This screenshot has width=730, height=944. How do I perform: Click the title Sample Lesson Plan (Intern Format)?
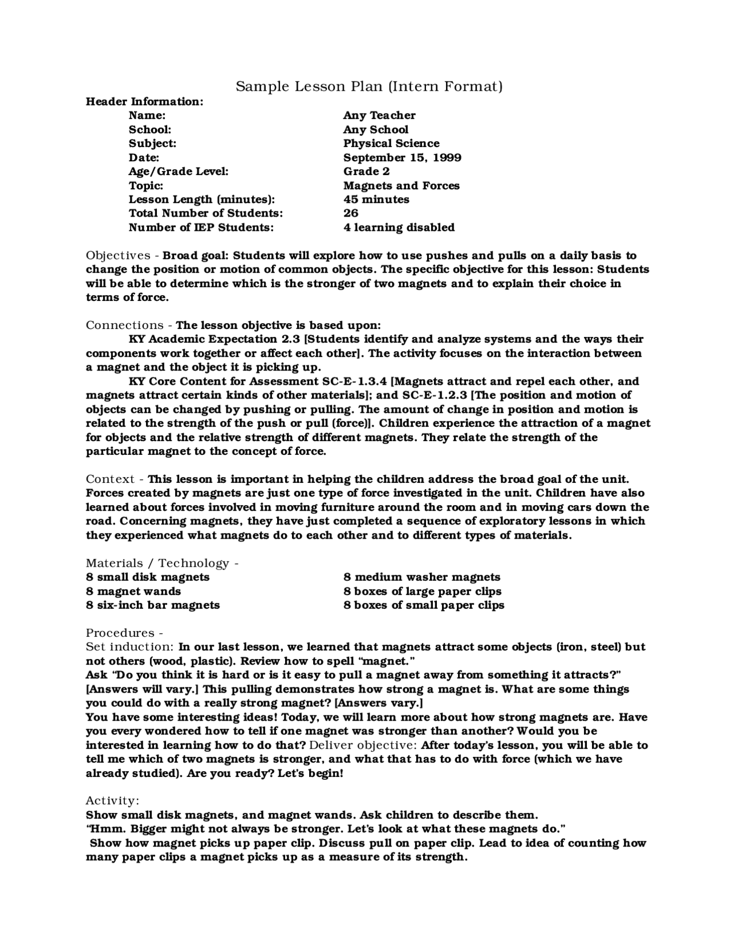pyautogui.click(x=369, y=87)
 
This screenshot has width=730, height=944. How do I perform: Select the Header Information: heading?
pyautogui.click(x=144, y=101)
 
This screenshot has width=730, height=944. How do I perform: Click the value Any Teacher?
pyautogui.click(x=379, y=115)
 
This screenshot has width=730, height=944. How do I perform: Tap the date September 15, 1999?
pyautogui.click(x=402, y=157)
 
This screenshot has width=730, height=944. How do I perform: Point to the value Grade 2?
pyautogui.click(x=366, y=171)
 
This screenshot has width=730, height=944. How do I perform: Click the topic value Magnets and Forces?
pyautogui.click(x=401, y=185)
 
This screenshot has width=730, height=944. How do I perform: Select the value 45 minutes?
pyautogui.click(x=376, y=200)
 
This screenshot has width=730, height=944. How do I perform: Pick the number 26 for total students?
pyautogui.click(x=351, y=213)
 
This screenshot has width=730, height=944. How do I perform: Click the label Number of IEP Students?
pyautogui.click(x=201, y=227)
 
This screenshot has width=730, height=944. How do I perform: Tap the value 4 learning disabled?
pyautogui.click(x=399, y=227)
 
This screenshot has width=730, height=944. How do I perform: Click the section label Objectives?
pyautogui.click(x=118, y=255)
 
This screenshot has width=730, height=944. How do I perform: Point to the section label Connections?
pyautogui.click(x=124, y=325)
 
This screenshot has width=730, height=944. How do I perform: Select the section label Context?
pyautogui.click(x=110, y=479)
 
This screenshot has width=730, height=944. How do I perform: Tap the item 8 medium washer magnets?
pyautogui.click(x=421, y=577)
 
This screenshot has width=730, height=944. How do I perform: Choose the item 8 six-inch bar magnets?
pyautogui.click(x=152, y=605)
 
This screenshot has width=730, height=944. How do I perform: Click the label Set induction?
pyautogui.click(x=129, y=647)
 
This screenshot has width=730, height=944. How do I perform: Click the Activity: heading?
pyautogui.click(x=112, y=801)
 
